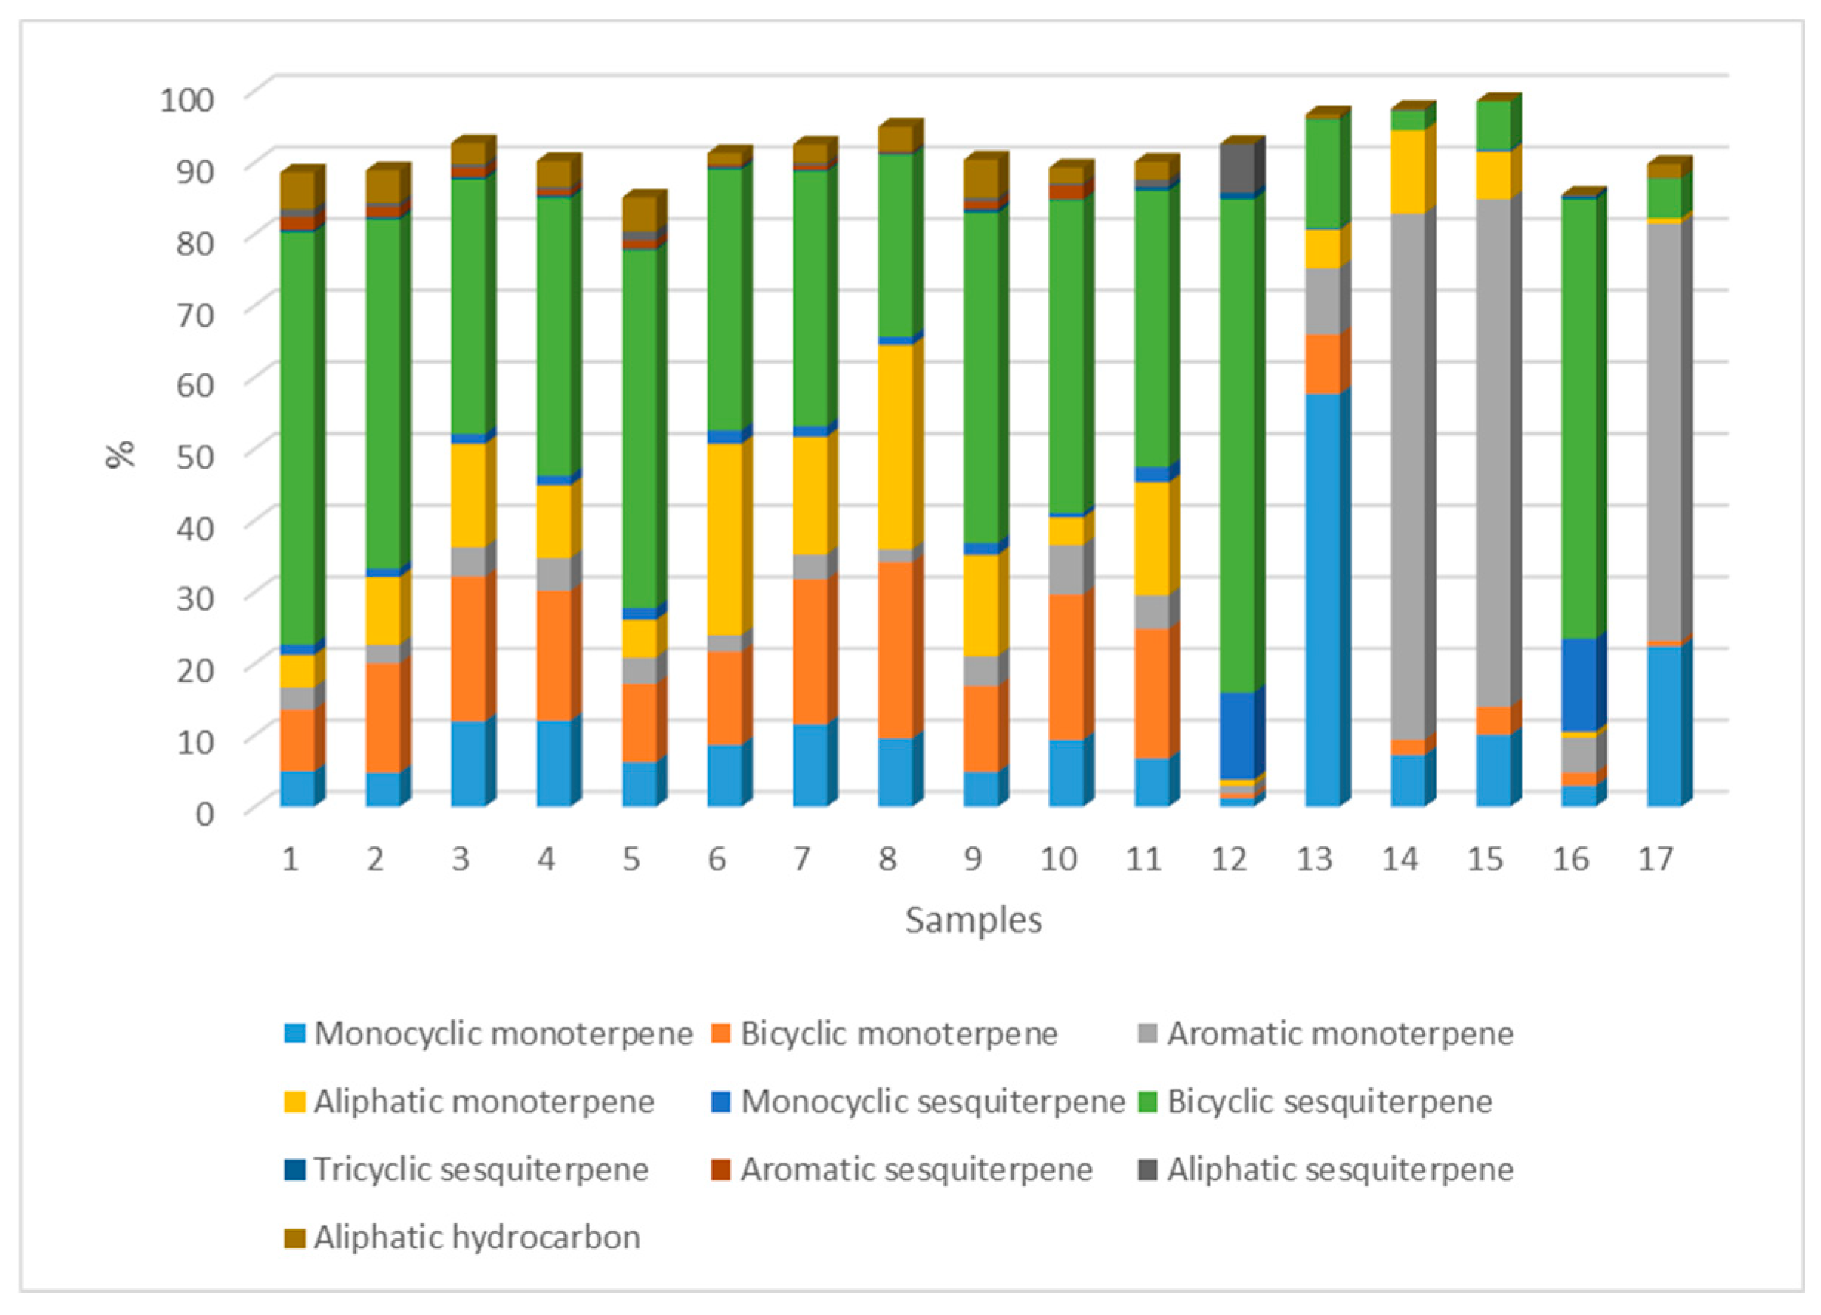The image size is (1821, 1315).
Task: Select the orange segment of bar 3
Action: pos(468,648)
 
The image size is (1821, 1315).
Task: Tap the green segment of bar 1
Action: pos(297,438)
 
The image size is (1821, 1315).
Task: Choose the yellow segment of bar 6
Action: pos(725,539)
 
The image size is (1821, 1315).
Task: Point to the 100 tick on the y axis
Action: pos(187,101)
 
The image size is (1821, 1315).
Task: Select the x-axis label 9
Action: pos(972,860)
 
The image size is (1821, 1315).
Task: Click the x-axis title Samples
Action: pos(973,920)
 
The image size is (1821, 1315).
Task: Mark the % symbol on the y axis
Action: pos(121,455)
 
